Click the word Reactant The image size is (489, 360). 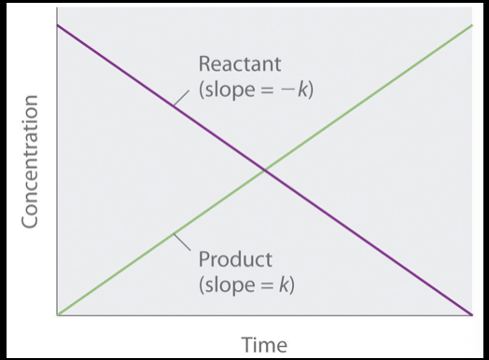[239, 64]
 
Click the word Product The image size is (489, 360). [234, 258]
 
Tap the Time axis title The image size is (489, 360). [264, 344]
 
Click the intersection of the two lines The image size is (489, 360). [265, 170]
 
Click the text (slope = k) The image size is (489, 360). [246, 284]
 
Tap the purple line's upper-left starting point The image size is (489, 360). [59, 24]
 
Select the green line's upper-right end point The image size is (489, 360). [472, 25]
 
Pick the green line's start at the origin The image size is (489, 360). [59, 314]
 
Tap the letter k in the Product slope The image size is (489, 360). [285, 284]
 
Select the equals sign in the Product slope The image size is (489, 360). [266, 284]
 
